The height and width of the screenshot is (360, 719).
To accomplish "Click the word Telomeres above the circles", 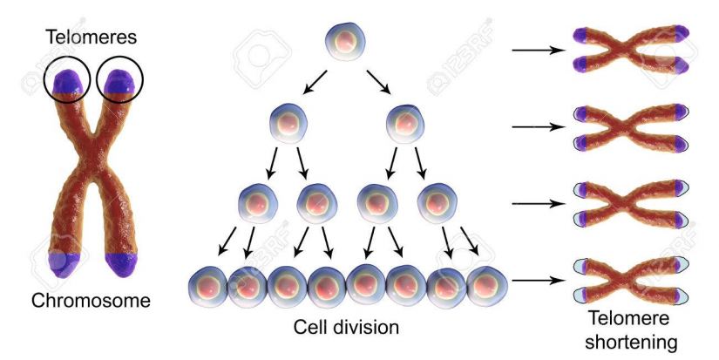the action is (92, 37).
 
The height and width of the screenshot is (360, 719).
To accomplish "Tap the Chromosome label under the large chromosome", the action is (91, 301).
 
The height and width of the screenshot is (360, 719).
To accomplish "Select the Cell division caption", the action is (346, 328).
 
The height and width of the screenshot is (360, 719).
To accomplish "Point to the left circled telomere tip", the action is (68, 82).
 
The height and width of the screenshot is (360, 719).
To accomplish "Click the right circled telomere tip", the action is (120, 82).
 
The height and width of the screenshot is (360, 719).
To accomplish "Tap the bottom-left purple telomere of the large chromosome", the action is (64, 265).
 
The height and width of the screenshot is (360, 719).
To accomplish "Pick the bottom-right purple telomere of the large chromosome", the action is (121, 265).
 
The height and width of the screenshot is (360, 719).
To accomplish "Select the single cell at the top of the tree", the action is (346, 41).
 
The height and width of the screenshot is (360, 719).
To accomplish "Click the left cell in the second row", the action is (288, 123).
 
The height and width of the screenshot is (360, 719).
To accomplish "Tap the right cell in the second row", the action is (405, 123).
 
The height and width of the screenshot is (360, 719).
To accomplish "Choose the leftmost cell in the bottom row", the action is (207, 287).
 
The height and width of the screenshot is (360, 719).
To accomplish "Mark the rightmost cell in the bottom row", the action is (487, 287).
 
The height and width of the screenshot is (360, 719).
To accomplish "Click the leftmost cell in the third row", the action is (258, 203).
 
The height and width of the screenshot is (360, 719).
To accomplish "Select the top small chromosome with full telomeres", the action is (632, 50).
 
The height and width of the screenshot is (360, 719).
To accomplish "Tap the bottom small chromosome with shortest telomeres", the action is (632, 280).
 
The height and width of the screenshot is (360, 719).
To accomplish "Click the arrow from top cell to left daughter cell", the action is (314, 83).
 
